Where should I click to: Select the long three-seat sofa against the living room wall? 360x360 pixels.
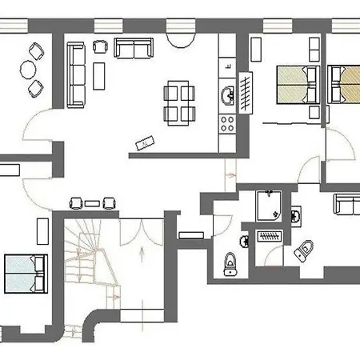point(75,74)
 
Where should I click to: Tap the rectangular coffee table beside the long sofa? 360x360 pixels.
point(99,77)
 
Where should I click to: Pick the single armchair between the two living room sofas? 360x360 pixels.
point(102,46)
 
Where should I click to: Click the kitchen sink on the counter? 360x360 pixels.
point(226,97)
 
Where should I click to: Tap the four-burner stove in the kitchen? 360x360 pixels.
point(226,124)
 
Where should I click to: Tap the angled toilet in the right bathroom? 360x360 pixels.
point(304,250)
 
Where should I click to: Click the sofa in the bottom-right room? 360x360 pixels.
point(346,203)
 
